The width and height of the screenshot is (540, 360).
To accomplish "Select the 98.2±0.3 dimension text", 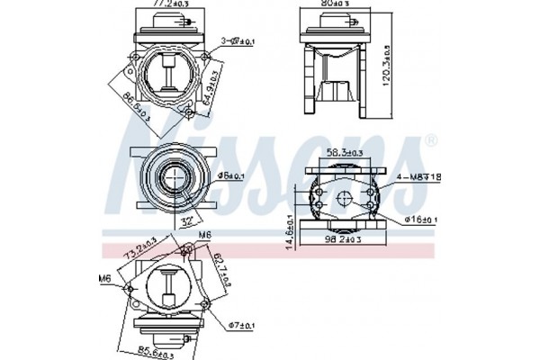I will tap(344, 241).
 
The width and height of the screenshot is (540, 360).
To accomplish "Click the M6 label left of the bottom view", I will tap(106, 279).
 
